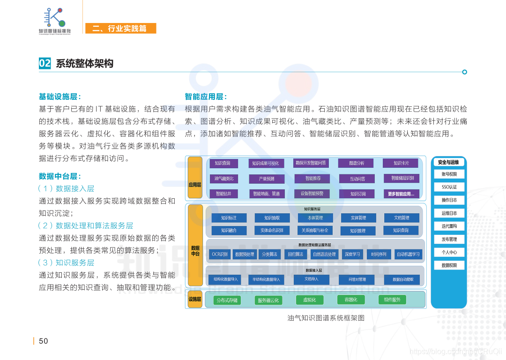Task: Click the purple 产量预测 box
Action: (x=267, y=179)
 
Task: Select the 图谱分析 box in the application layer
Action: (x=357, y=163)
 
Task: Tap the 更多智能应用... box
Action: (x=401, y=194)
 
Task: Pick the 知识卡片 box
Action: (x=401, y=163)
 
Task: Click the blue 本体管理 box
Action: (x=315, y=218)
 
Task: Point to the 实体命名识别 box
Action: (x=272, y=231)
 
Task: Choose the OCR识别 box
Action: (x=220, y=255)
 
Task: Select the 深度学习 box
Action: (x=352, y=255)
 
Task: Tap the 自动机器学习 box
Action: (x=408, y=255)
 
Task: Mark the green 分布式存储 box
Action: (x=227, y=300)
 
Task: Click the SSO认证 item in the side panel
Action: (x=449, y=187)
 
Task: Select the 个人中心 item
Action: (x=449, y=252)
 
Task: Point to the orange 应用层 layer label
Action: (x=195, y=185)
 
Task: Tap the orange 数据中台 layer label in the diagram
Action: (x=195, y=250)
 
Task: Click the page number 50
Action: (x=44, y=341)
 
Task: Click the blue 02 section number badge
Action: (x=45, y=63)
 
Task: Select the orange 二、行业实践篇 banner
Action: (x=120, y=29)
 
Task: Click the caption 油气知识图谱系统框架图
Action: (x=326, y=318)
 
